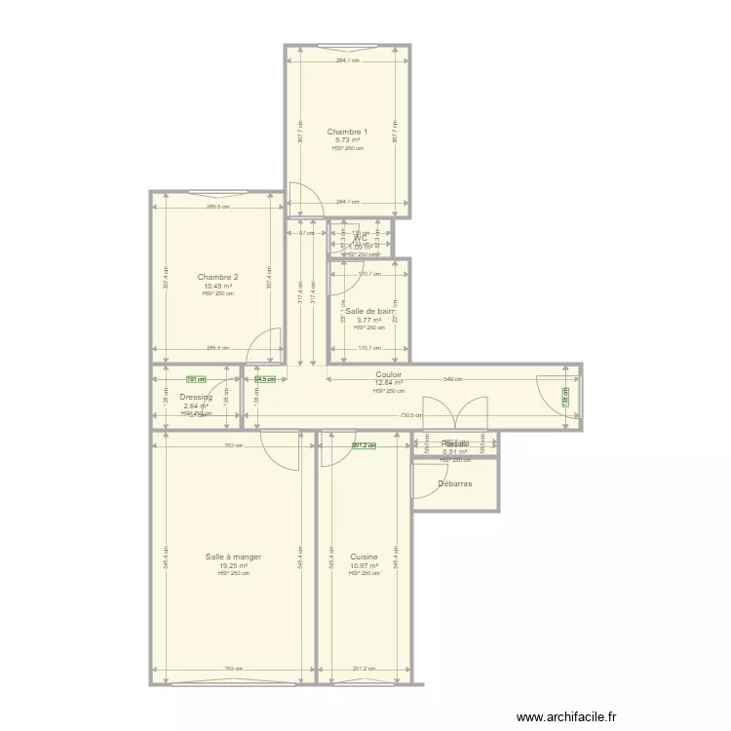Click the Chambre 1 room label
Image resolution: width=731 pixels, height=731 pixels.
click(347, 132)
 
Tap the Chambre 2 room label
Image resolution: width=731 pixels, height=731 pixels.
click(217, 277)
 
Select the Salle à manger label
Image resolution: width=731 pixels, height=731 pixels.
click(233, 557)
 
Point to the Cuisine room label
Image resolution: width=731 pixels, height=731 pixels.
click(364, 557)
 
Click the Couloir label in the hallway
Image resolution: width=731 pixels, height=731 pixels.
click(389, 374)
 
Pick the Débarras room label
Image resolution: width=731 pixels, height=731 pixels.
click(455, 482)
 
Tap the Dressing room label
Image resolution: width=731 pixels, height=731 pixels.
click(196, 397)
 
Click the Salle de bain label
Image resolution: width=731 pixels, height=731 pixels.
click(368, 311)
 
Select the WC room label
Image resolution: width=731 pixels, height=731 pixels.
click(361, 237)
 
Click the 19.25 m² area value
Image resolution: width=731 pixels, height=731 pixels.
click(233, 565)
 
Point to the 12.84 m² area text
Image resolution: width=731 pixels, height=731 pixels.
click(389, 383)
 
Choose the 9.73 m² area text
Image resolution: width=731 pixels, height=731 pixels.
click(347, 140)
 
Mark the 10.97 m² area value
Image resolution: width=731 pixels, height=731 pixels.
click(364, 565)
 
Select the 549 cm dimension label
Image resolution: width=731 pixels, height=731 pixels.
click(453, 379)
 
